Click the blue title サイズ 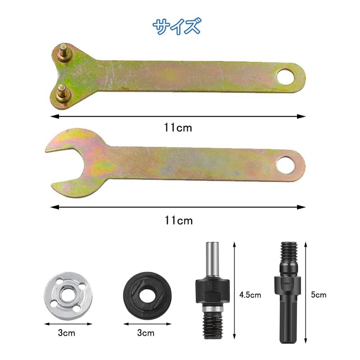[x=176, y=27]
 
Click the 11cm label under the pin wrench [x=178, y=128]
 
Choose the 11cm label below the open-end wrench [x=178, y=220]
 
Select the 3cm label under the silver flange [x=67, y=333]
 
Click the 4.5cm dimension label [x=250, y=296]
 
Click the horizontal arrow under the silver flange [x=67, y=323]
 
